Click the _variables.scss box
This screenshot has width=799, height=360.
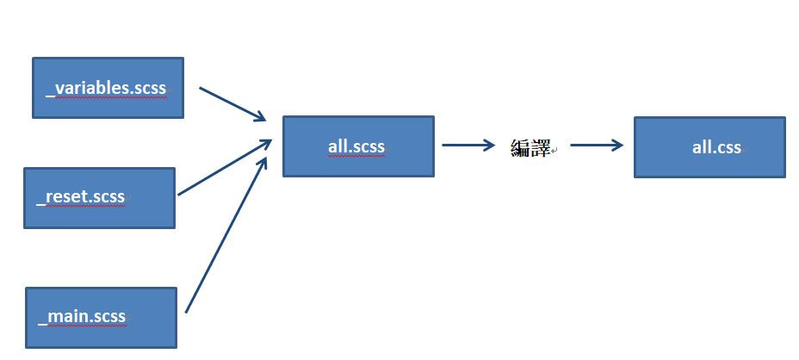pyautogui.click(x=108, y=88)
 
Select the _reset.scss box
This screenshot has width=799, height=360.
pyautogui.click(x=99, y=198)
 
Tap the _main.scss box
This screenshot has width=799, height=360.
pyautogui.click(x=101, y=317)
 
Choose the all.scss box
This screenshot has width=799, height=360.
pyautogui.click(x=358, y=146)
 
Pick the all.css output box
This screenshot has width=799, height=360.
pyautogui.click(x=709, y=147)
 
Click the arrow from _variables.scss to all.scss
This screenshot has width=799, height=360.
pyautogui.click(x=231, y=103)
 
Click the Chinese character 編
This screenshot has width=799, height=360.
pyautogui.click(x=520, y=148)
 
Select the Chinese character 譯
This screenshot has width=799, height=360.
pyautogui.click(x=541, y=148)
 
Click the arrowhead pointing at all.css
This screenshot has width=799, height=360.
pyautogui.click(x=616, y=146)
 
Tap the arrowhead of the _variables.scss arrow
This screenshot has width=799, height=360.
pyautogui.click(x=259, y=117)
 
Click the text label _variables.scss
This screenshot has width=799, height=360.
pyautogui.click(x=107, y=88)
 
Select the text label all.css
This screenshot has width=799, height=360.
pyautogui.click(x=716, y=147)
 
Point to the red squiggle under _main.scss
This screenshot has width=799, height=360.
pyautogui.click(x=84, y=327)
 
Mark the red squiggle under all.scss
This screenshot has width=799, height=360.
pyautogui.click(x=356, y=157)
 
